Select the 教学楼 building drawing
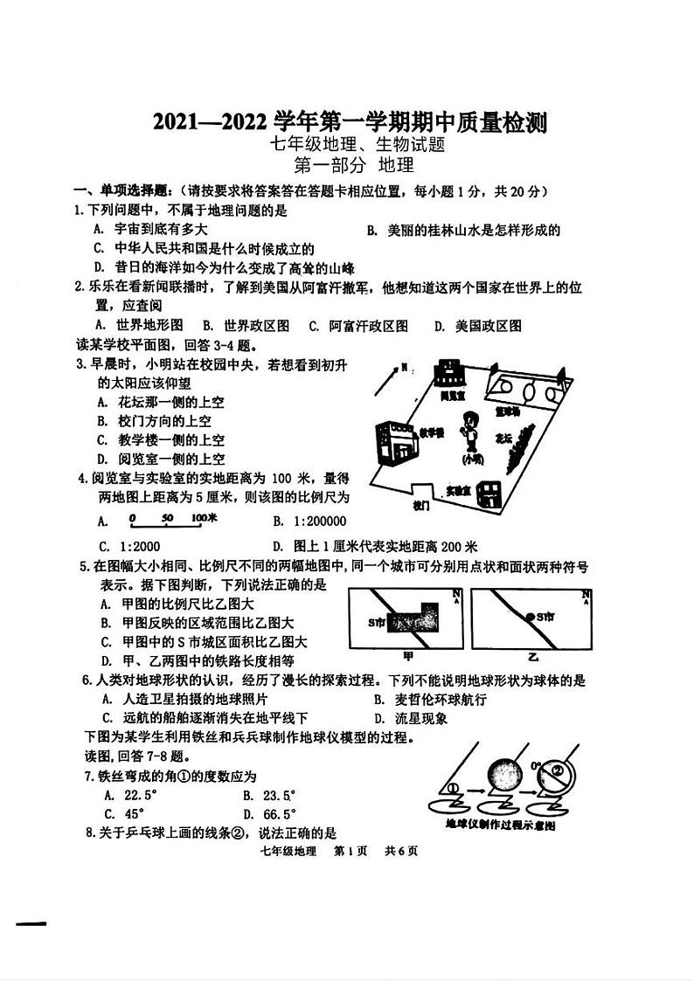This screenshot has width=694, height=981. [393, 441]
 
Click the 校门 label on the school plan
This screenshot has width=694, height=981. [421, 506]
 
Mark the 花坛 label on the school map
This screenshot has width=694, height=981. [503, 439]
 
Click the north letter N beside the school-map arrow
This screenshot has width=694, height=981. [404, 368]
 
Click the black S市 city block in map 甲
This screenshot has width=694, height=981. [416, 619]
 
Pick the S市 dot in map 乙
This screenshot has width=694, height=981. [530, 617]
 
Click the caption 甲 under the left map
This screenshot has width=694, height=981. [408, 654]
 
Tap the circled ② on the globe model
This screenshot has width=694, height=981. [556, 772]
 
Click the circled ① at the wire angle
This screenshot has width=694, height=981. [452, 788]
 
